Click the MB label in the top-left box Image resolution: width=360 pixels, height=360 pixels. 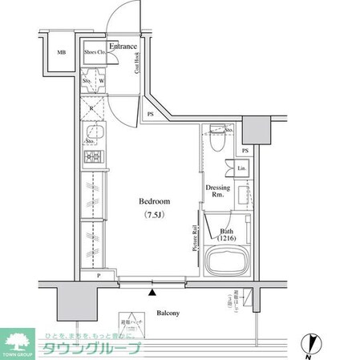click(61, 54)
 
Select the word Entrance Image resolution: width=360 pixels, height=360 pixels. click(122, 47)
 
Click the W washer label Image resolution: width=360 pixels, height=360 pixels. click(102, 81)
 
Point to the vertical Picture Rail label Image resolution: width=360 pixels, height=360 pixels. click(194, 238)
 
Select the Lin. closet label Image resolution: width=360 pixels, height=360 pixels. click(242, 168)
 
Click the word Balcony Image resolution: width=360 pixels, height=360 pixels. click(168, 313)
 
